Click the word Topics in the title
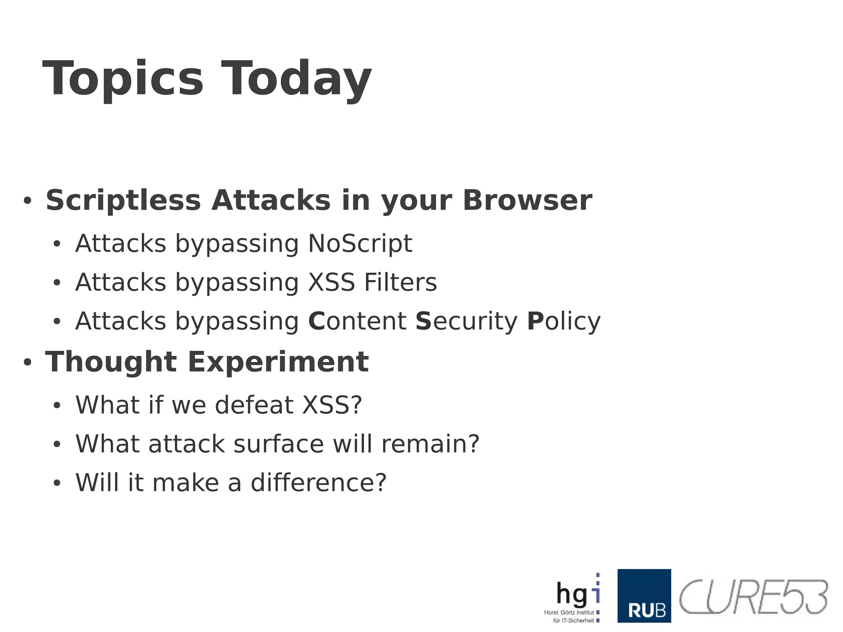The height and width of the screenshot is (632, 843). click(123, 79)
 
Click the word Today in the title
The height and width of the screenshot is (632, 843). click(296, 79)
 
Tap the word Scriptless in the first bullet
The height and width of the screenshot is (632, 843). click(123, 201)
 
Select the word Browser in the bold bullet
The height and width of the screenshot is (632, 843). click(527, 201)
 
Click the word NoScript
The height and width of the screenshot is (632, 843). click(360, 243)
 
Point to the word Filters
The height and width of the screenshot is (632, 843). click(400, 282)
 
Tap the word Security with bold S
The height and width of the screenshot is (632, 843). click(466, 321)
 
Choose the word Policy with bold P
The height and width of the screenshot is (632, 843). click(564, 321)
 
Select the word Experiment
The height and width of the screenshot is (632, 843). click(278, 362)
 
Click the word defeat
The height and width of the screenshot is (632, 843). click(254, 405)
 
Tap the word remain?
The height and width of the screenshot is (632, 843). click(430, 444)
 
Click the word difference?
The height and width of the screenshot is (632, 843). click(319, 483)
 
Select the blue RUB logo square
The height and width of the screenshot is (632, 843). click(644, 595)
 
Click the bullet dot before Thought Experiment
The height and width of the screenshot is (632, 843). click(28, 362)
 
